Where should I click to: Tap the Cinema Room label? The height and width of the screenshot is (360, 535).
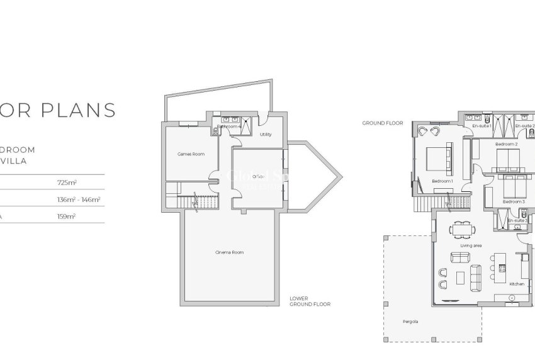[x=229, y=252]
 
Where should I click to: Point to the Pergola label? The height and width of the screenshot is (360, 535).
[x=410, y=322]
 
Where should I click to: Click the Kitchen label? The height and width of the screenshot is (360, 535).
[x=517, y=284]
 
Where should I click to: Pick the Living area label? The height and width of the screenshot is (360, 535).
[x=471, y=245]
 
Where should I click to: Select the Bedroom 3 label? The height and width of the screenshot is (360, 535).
[x=514, y=201]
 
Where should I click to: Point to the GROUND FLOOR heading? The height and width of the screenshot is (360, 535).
[x=382, y=123]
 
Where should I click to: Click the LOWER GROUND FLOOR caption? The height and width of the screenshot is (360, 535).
[x=310, y=301]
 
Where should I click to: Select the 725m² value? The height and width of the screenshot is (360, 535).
[x=66, y=183]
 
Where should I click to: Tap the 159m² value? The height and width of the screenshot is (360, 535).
[x=66, y=216]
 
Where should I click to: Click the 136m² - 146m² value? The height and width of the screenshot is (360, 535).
[x=79, y=200]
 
